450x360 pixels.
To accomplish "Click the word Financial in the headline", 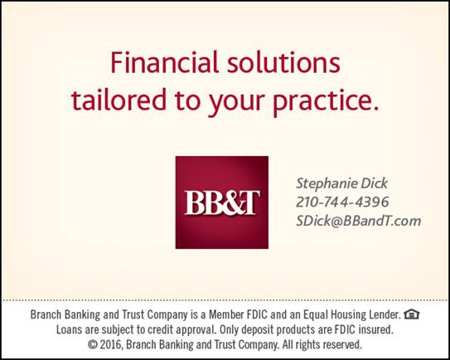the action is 164,62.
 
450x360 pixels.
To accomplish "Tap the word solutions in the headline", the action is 283,62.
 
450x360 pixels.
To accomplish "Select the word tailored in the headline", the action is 119,100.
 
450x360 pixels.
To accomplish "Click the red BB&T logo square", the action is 222,202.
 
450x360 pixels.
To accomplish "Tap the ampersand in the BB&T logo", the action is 229,202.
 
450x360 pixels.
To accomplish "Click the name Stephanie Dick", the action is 341,184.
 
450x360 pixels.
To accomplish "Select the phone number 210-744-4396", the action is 342,202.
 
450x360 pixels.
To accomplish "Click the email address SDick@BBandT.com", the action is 359,221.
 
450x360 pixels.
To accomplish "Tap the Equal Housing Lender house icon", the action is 412,314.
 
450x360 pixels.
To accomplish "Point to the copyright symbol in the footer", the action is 93,344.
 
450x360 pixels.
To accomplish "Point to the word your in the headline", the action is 236,102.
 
